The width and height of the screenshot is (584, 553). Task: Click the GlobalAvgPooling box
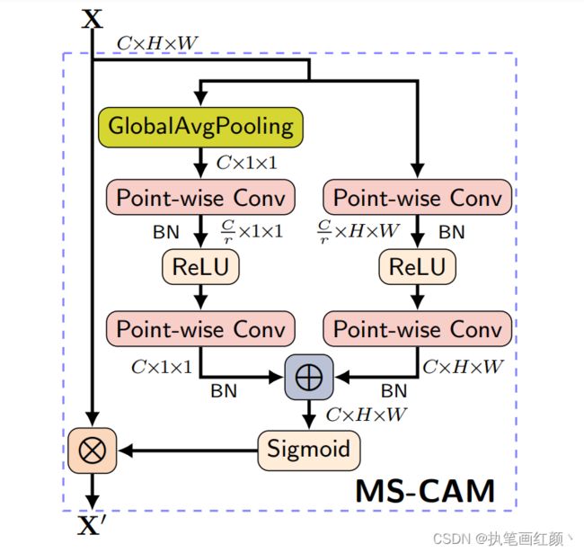pyautogui.click(x=200, y=127)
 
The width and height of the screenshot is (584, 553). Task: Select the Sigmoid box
pyautogui.click(x=309, y=450)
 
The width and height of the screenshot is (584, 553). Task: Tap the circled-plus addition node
pyautogui.click(x=309, y=377)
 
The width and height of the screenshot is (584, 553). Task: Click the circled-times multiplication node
pyautogui.click(x=92, y=450)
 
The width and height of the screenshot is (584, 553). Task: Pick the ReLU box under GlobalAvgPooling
pyautogui.click(x=200, y=267)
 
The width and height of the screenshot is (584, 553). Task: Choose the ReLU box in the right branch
pyautogui.click(x=417, y=267)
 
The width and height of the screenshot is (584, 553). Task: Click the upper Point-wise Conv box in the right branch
pyautogui.click(x=417, y=197)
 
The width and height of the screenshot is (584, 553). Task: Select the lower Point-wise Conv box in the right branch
pyautogui.click(x=417, y=329)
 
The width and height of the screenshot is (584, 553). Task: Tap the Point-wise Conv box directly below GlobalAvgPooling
pyautogui.click(x=200, y=197)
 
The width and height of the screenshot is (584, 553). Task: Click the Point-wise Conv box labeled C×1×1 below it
pyautogui.click(x=200, y=329)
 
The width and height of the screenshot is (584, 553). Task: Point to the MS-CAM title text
pyautogui.click(x=425, y=491)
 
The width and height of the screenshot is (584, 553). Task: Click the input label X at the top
pyautogui.click(x=92, y=19)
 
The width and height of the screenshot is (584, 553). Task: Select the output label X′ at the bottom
pyautogui.click(x=92, y=525)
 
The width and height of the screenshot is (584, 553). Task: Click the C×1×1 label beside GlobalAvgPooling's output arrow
pyautogui.click(x=246, y=163)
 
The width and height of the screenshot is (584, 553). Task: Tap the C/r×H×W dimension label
pyautogui.click(x=358, y=231)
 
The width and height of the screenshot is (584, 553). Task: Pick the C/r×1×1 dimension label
pyautogui.click(x=252, y=231)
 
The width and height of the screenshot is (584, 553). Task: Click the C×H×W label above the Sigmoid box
pyautogui.click(x=366, y=415)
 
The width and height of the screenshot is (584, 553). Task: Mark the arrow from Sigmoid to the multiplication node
pyautogui.click(x=188, y=450)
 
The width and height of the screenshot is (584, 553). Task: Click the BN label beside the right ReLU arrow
pyautogui.click(x=452, y=232)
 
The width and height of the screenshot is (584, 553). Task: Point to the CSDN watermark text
pyautogui.click(x=502, y=539)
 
